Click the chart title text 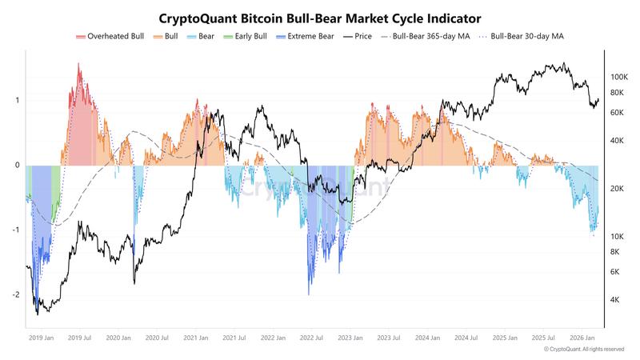pos(320,17)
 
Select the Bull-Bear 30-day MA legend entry pos(525,37)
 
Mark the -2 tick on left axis pos(18,295)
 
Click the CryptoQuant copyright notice pos(584,350)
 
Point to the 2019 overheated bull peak pos(78,64)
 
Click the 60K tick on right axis pos(617,113)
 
